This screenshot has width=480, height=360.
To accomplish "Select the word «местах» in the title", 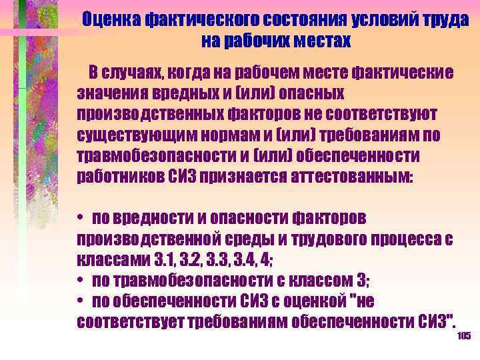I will coord(318,41).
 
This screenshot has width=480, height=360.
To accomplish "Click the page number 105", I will coord(465,336).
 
